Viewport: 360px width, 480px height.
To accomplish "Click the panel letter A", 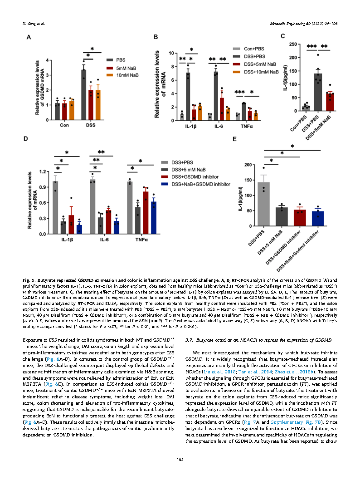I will tap(28, 39).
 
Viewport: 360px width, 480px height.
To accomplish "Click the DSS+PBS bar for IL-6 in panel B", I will tap(216, 96).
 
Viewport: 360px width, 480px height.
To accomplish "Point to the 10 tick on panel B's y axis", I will tap(171, 53).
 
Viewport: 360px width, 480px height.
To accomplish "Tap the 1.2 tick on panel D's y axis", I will tap(44, 171).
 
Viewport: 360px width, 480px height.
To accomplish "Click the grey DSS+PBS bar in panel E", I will tap(263, 204).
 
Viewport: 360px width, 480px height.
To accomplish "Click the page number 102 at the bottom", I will tap(180, 460).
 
